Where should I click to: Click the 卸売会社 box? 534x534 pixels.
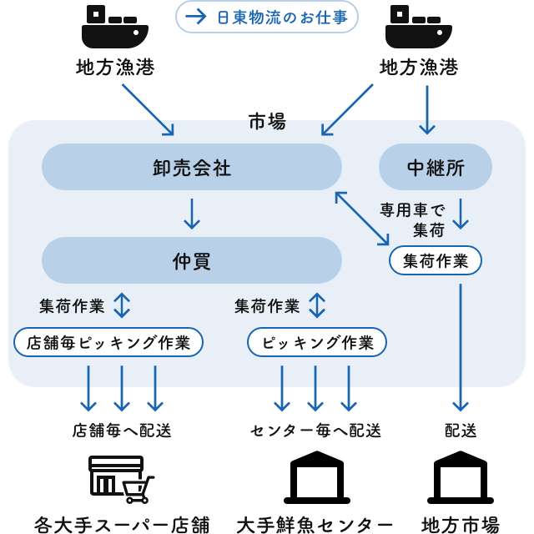pyautogui.click(x=191, y=167)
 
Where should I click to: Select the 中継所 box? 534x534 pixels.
pyautogui.click(x=435, y=167)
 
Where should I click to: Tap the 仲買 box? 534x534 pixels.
pyautogui.click(x=191, y=260)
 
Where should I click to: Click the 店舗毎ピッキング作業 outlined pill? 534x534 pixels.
pyautogui.click(x=108, y=342)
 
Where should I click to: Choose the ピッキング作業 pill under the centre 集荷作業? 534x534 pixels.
pyautogui.click(x=317, y=342)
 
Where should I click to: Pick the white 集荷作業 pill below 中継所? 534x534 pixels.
pyautogui.click(x=436, y=260)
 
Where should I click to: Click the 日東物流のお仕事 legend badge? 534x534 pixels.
pyautogui.click(x=267, y=17)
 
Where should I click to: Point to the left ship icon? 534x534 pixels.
pyautogui.click(x=114, y=27)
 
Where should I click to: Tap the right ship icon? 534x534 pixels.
pyautogui.click(x=419, y=27)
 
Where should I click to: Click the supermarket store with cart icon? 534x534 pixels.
pyautogui.click(x=122, y=479)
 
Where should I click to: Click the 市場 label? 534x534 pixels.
pyautogui.click(x=267, y=122)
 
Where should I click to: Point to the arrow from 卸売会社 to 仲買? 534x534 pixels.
pyautogui.click(x=191, y=214)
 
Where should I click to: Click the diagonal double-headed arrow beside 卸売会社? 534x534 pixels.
pyautogui.click(x=362, y=219)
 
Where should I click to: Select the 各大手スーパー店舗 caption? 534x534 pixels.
pyautogui.click(x=122, y=524)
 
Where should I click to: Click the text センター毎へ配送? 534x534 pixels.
pyautogui.click(x=316, y=431)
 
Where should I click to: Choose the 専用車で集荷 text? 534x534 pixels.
pyautogui.click(x=413, y=219)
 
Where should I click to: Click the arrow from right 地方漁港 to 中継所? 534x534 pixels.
pyautogui.click(x=427, y=108)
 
